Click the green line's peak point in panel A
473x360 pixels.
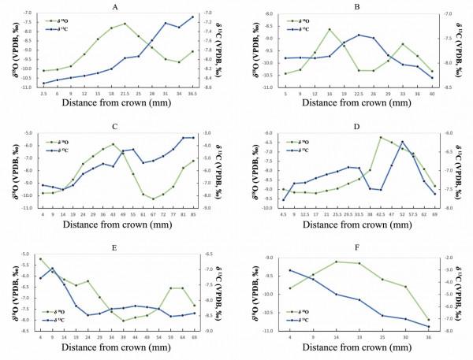(125, 24)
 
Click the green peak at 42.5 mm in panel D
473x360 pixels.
(381, 138)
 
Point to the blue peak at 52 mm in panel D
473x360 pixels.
(402, 142)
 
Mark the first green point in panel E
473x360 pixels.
(40, 259)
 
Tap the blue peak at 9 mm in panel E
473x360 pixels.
(52, 269)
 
